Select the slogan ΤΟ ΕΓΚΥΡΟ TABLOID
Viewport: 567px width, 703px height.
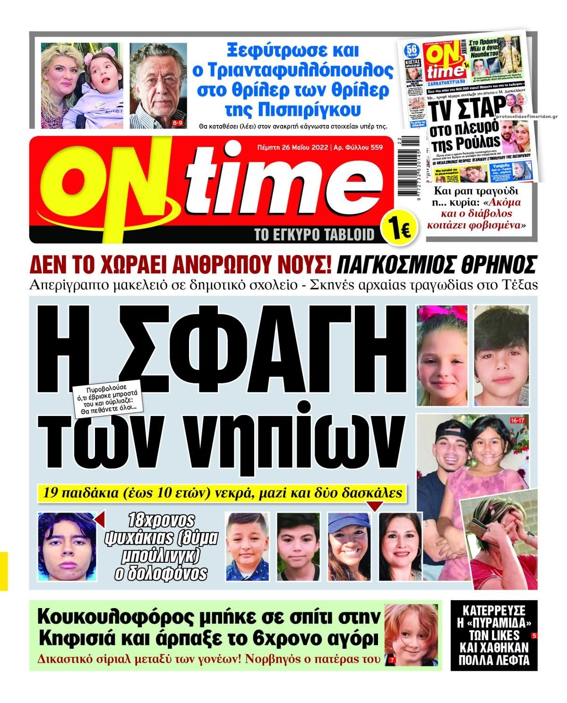click(314, 234)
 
